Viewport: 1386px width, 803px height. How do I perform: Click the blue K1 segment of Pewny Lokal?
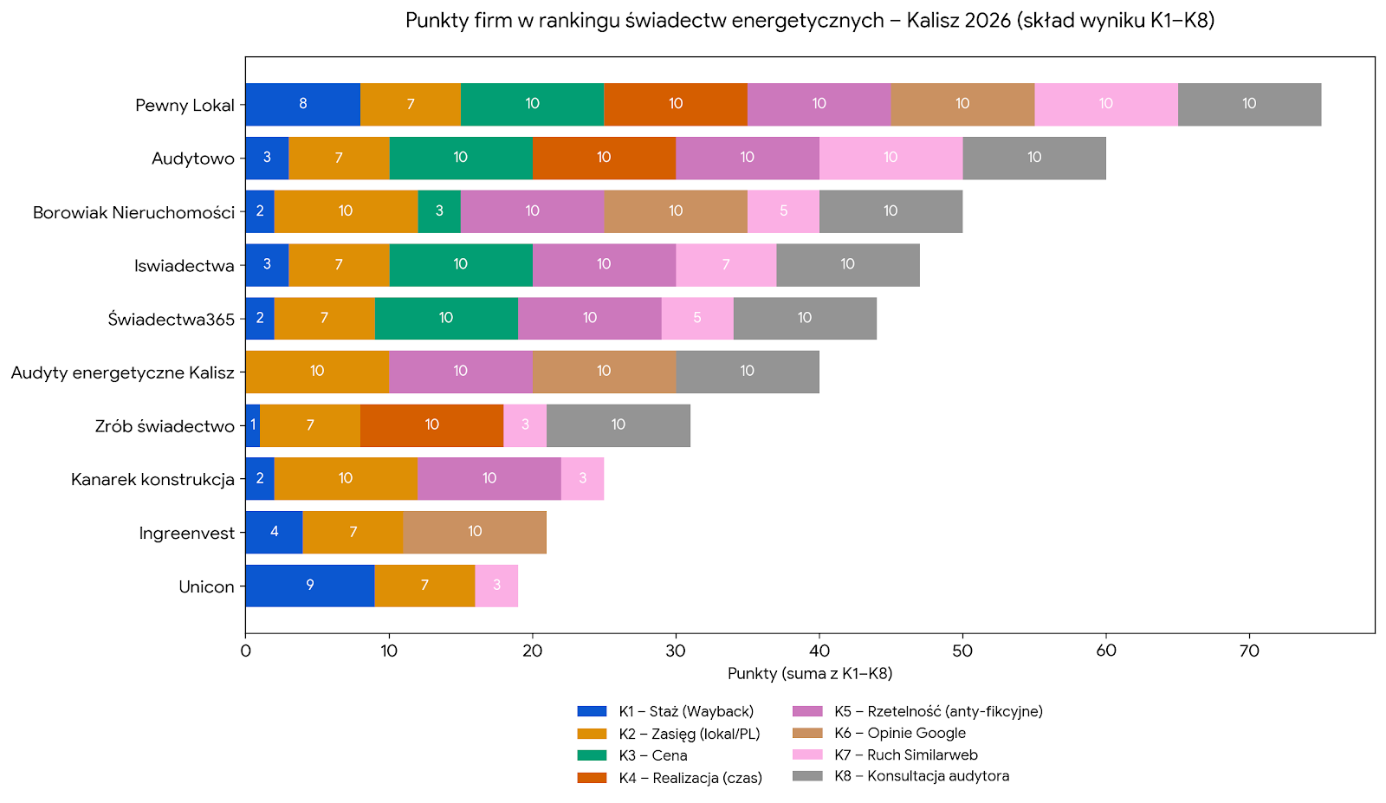click(302, 104)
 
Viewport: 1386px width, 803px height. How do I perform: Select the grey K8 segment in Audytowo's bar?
click(1033, 158)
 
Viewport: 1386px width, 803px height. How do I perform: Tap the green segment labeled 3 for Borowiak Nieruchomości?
click(439, 211)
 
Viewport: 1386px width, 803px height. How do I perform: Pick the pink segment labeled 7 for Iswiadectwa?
click(726, 265)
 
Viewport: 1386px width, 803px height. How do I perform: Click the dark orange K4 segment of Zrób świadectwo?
click(431, 425)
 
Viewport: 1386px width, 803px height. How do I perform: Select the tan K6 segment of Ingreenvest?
click(475, 532)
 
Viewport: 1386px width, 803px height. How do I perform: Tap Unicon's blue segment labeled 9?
click(309, 586)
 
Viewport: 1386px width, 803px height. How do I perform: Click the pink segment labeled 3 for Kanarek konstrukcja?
click(582, 479)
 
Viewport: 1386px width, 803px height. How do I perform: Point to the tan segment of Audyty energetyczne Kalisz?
click(604, 372)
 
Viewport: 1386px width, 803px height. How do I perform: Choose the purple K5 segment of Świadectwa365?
click(589, 318)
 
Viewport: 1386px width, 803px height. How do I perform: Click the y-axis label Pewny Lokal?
click(185, 105)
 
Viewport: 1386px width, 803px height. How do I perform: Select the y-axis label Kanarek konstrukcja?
click(152, 479)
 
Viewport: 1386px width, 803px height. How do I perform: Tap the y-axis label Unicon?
click(206, 586)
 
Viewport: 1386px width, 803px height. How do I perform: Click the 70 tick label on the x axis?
click(1249, 651)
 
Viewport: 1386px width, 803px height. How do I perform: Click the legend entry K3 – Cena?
click(652, 755)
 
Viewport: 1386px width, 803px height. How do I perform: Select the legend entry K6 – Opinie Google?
click(899, 733)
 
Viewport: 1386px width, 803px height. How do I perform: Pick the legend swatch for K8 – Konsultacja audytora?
click(807, 776)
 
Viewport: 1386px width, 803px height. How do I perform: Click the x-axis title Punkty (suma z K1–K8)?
click(810, 673)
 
